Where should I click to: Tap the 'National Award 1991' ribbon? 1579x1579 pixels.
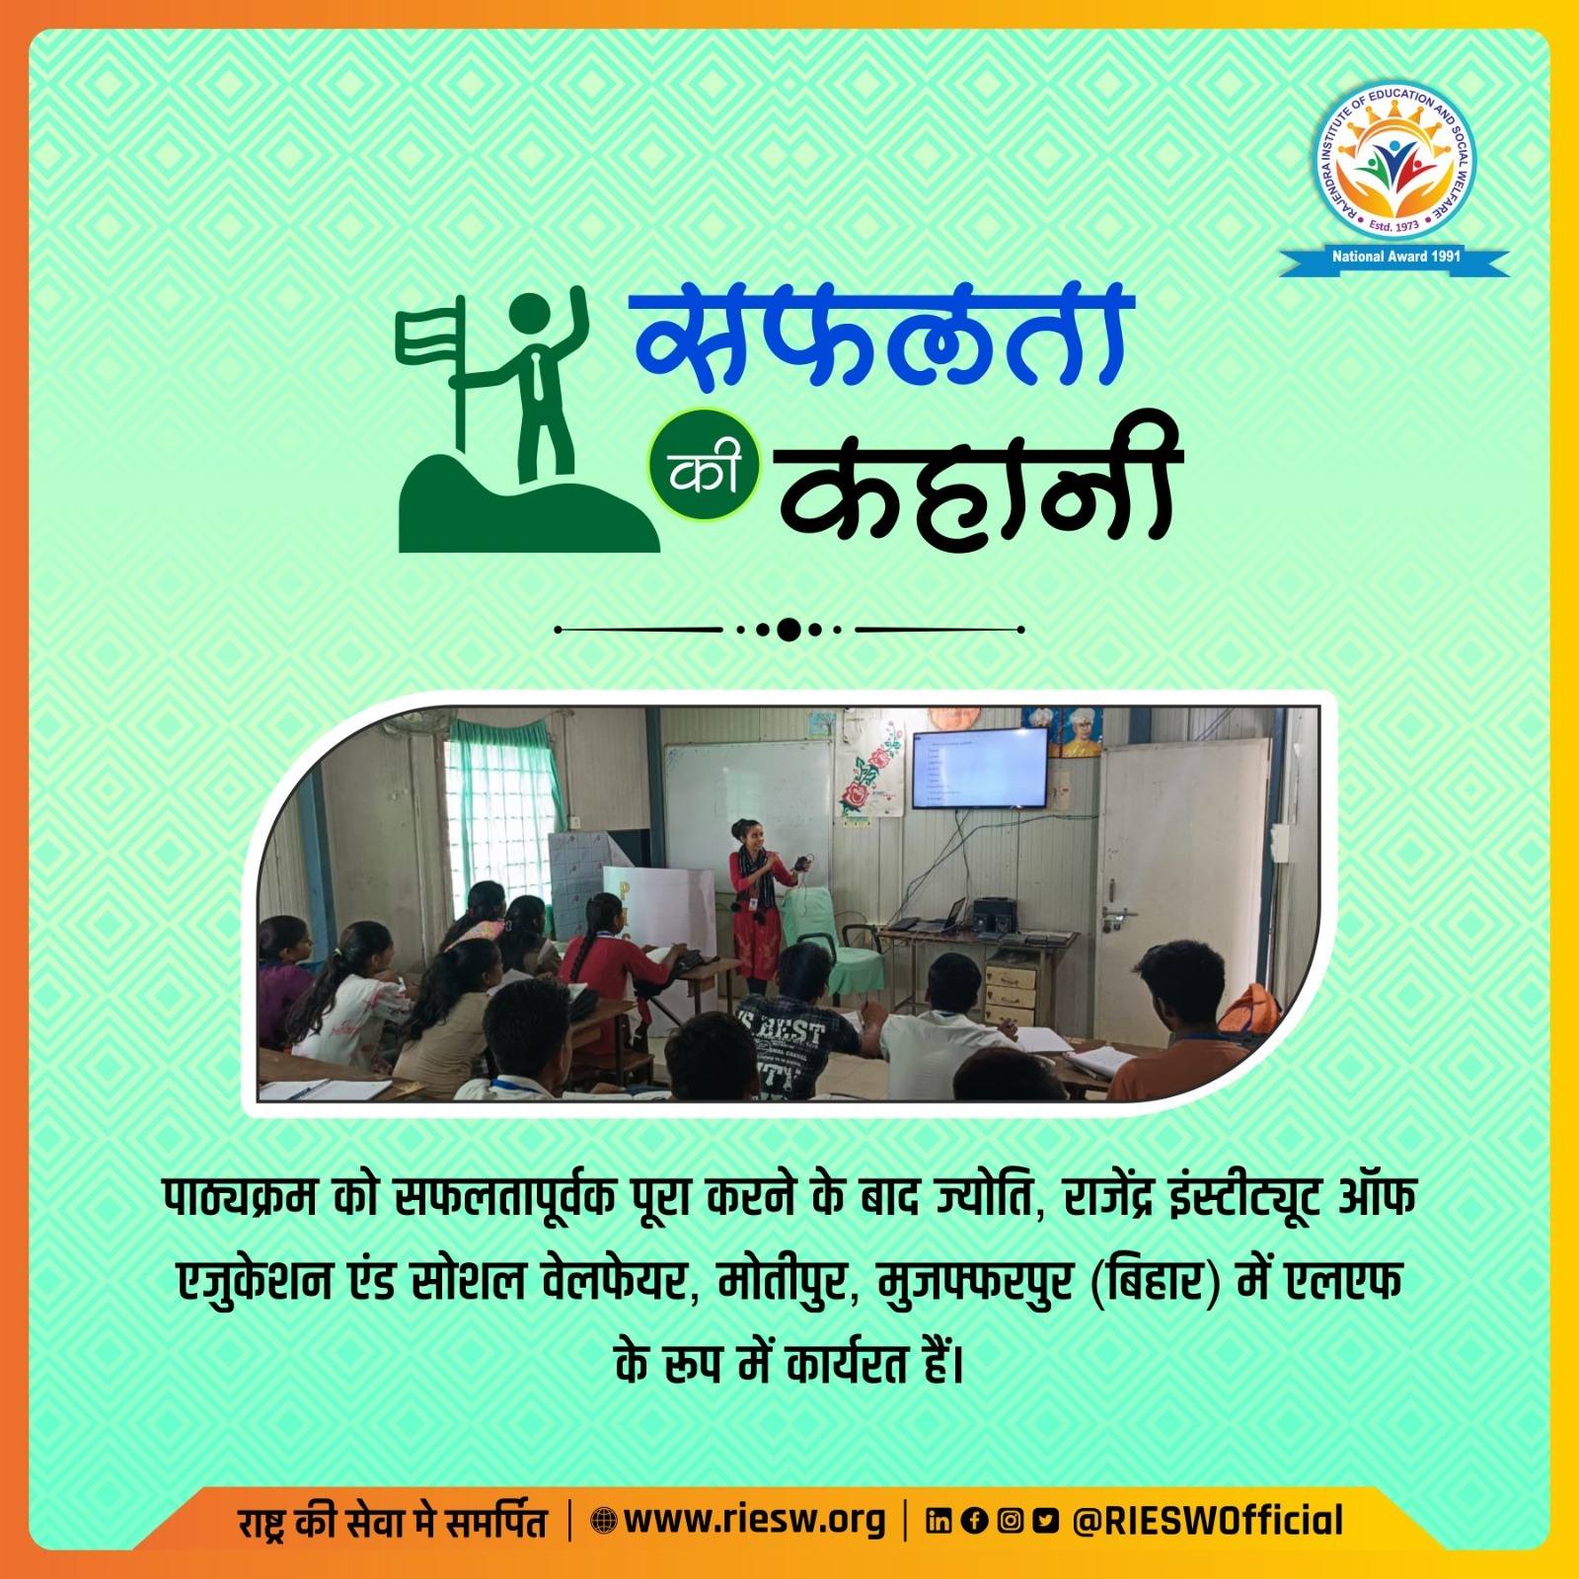[x=1394, y=259]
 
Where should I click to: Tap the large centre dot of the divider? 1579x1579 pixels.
[x=788, y=629]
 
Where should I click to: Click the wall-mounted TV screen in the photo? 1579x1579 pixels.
[x=977, y=767]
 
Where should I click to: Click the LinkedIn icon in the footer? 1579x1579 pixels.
[x=939, y=1521]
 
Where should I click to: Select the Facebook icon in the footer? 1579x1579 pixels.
[x=974, y=1521]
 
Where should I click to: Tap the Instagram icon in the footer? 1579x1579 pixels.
[x=1010, y=1521]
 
